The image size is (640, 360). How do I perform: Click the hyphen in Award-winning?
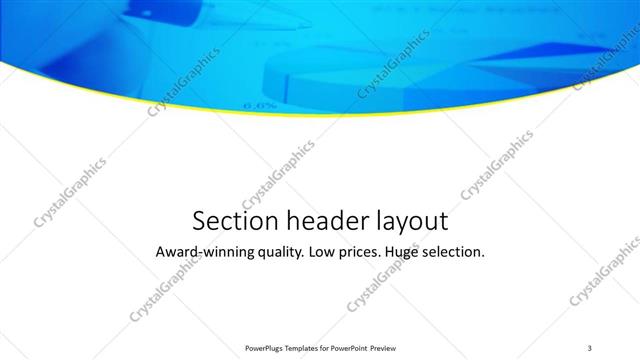(198, 253)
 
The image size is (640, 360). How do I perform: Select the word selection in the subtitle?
(458, 252)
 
